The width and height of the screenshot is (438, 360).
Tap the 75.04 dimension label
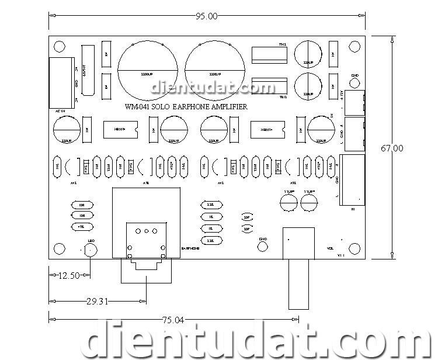click(x=173, y=320)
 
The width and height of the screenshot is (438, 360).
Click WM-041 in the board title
click(x=138, y=107)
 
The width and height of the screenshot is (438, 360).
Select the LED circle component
click(x=91, y=250)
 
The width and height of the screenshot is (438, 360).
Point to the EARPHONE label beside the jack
click(x=190, y=248)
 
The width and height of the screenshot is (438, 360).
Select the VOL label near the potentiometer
click(x=330, y=248)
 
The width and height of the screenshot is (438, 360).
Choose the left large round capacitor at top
click(x=147, y=69)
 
